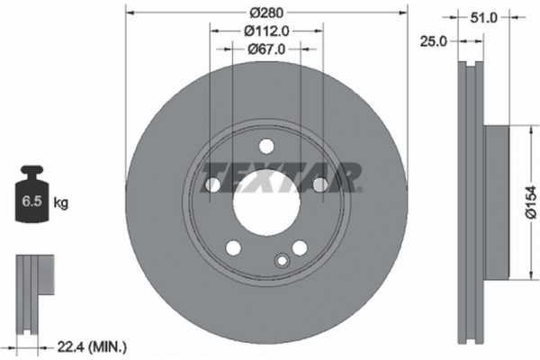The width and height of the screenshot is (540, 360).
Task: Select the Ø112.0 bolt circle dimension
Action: tap(265, 30)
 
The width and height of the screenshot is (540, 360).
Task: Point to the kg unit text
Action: tap(61, 203)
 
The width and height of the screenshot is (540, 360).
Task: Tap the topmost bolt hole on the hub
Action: tap(265, 147)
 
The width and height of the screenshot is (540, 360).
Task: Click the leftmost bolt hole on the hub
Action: tap(212, 185)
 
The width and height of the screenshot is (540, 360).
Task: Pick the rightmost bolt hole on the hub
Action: tap(319, 185)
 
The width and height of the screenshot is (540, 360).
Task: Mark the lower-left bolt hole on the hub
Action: tap(233, 247)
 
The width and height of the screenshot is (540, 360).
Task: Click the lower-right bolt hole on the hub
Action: tap(298, 247)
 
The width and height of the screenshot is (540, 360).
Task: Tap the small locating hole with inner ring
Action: tap(282, 263)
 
